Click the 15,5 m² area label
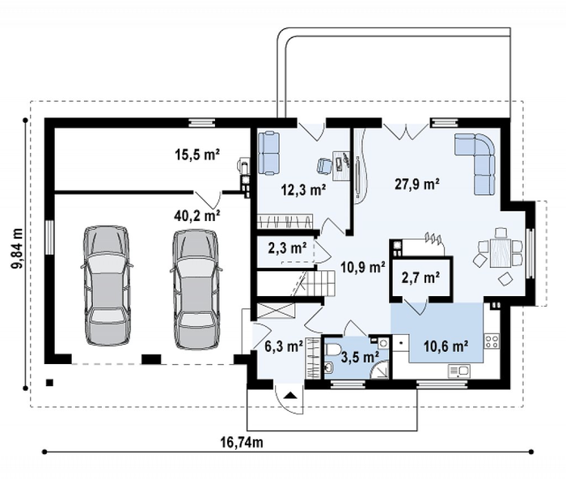pyautogui.click(x=197, y=155)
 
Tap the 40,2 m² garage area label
pyautogui.click(x=197, y=216)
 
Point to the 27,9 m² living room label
pyautogui.click(x=417, y=184)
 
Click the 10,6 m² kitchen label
pyautogui.click(x=446, y=346)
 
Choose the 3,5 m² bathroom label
pyautogui.click(x=360, y=357)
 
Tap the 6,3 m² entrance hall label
pyautogui.click(x=284, y=346)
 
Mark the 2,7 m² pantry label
pyautogui.click(x=420, y=278)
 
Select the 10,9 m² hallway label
pyautogui.click(x=363, y=267)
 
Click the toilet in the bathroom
pyautogui.click(x=332, y=350)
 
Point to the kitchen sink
pyautogui.click(x=459, y=371)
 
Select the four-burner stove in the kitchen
pyautogui.click(x=492, y=341)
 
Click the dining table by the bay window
pyautogui.click(x=501, y=252)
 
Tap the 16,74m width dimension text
pyautogui.click(x=242, y=442)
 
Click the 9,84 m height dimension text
pyautogui.click(x=17, y=248)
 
